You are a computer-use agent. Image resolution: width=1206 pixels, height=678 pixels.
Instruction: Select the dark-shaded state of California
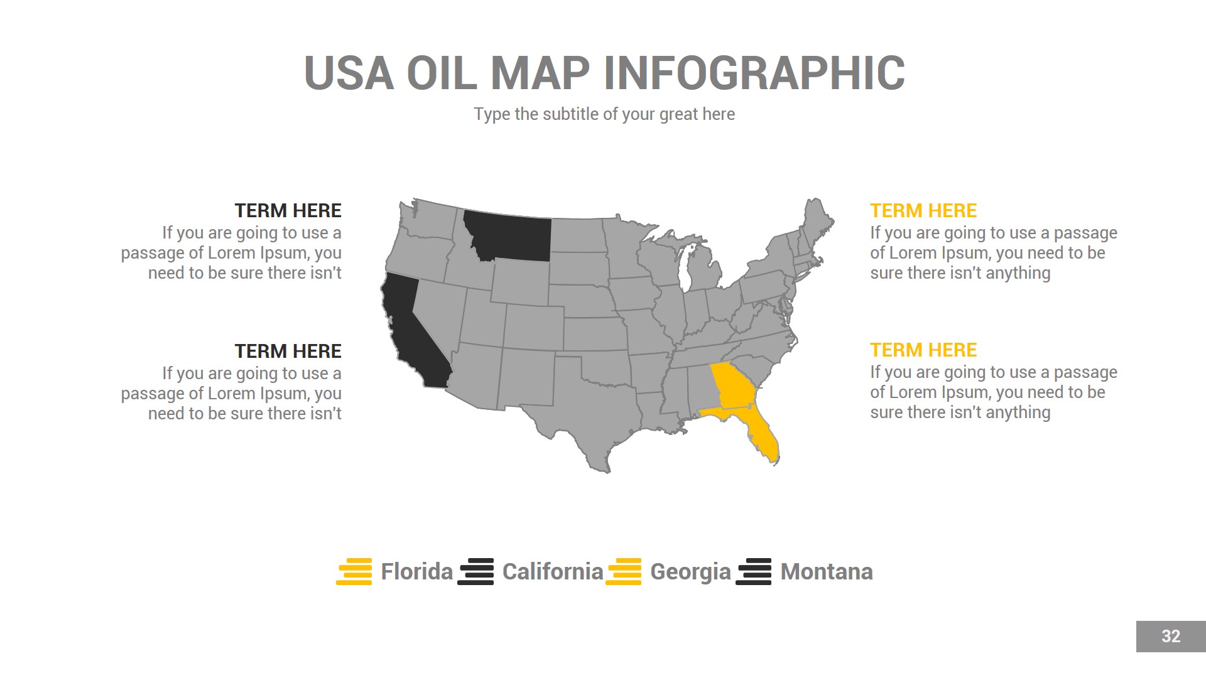pos(411,333)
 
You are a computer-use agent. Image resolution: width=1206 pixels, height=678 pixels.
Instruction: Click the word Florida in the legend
pos(416,572)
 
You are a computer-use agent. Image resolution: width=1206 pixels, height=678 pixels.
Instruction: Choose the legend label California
pos(553,572)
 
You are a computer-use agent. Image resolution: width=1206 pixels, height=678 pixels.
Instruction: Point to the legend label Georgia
pos(690,572)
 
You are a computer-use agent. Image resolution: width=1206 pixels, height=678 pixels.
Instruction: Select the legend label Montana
pos(827,572)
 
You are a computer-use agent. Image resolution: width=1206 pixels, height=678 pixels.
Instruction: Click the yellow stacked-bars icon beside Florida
pos(354,571)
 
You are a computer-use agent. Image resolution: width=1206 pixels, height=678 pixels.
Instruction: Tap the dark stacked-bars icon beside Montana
pos(754,571)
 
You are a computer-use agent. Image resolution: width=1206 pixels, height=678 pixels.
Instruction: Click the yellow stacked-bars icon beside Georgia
pos(624,571)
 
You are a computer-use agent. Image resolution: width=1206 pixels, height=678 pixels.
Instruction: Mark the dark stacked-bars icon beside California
pos(476,571)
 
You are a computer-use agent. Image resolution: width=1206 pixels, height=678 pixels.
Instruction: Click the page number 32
pos(1171,637)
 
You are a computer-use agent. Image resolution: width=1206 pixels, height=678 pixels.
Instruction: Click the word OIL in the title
pos(442,73)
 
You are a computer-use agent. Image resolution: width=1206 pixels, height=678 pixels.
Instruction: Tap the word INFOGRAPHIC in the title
pos(754,73)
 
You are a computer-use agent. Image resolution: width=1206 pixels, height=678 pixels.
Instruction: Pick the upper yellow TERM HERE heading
pos(923,211)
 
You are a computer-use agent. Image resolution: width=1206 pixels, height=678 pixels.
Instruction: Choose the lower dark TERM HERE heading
pos(288,352)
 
